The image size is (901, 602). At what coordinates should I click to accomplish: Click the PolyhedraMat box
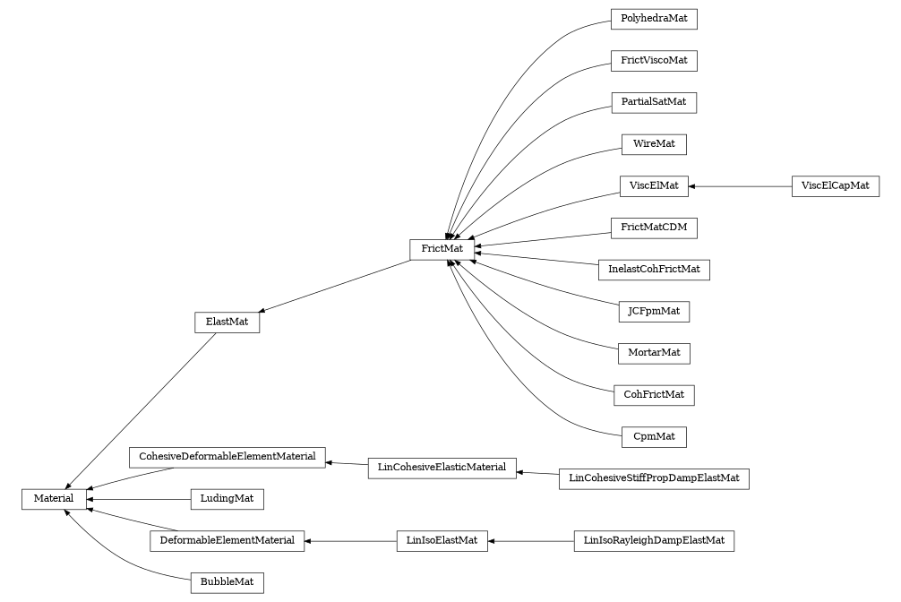tap(654, 19)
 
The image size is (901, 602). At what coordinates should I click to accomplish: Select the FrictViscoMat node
tap(654, 61)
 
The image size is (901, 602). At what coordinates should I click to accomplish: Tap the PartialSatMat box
tap(654, 102)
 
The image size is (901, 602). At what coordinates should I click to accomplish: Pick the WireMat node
tap(654, 144)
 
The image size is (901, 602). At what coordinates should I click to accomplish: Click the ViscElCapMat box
tap(835, 186)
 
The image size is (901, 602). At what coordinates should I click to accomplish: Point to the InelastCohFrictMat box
tap(654, 269)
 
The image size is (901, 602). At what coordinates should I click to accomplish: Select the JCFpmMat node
tap(654, 312)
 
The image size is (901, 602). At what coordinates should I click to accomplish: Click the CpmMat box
tap(654, 437)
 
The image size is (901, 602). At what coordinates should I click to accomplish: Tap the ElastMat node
tap(227, 322)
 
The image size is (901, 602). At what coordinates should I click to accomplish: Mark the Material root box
tap(54, 498)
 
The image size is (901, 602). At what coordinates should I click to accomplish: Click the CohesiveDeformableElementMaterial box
tap(227, 457)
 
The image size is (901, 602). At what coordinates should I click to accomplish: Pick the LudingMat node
tap(227, 498)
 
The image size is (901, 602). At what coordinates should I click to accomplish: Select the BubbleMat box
tap(227, 582)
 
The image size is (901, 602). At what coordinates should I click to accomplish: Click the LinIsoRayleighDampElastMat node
tap(654, 541)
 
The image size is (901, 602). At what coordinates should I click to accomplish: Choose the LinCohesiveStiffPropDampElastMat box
tap(654, 478)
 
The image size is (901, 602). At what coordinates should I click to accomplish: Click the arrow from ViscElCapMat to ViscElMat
tap(740, 186)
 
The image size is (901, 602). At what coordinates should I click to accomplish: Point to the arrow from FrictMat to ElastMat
tap(336, 286)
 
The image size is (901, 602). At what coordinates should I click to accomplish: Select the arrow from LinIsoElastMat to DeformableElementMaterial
tap(350, 541)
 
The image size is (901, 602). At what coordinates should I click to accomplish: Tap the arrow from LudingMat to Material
tap(138, 498)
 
